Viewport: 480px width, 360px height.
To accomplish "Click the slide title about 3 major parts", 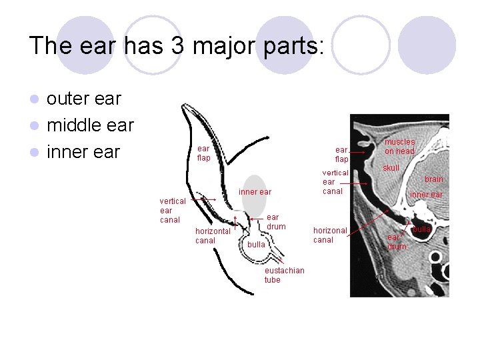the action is (x=177, y=45).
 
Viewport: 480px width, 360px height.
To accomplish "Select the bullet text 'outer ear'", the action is (x=84, y=99).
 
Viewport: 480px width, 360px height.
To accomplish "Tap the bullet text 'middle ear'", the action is (x=91, y=125).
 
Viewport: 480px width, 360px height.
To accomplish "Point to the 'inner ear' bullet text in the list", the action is (x=83, y=152).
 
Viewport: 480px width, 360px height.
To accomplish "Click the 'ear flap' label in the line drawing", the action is (x=203, y=153).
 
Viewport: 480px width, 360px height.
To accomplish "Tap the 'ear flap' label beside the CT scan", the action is (x=341, y=155).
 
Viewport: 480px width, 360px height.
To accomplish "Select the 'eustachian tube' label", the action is (x=284, y=275).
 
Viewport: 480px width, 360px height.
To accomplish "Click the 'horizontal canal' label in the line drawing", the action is (x=213, y=235).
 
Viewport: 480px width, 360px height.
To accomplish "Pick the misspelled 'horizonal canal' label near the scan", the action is (x=330, y=235).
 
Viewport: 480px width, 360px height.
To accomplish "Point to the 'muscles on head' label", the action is (x=399, y=147).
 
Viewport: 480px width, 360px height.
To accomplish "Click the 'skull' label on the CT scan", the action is (x=391, y=168).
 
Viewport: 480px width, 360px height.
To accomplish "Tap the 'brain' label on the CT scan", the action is (x=434, y=179).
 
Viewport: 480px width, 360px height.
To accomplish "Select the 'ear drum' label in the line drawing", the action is (x=276, y=222).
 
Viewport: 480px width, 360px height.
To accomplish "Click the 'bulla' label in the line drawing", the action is (x=256, y=245).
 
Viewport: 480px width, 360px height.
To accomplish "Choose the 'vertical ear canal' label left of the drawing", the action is (x=173, y=210).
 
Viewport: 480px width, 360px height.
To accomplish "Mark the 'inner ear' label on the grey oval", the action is (x=255, y=192).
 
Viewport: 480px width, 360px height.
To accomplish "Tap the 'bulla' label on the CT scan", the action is (x=421, y=229).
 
